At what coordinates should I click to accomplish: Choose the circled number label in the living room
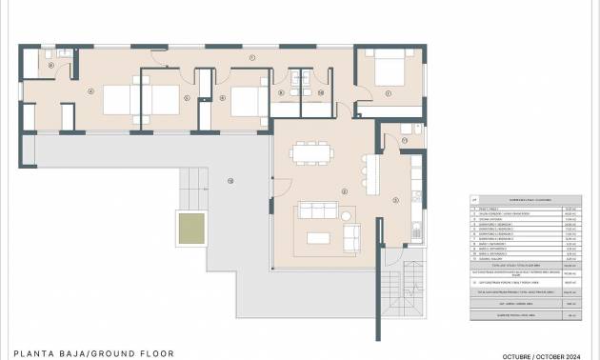point(344,190)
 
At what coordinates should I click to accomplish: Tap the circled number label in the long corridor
point(252,58)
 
